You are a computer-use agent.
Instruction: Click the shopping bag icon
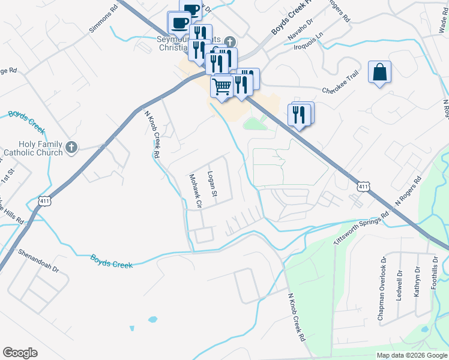(x=379, y=73)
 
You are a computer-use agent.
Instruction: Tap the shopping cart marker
(x=222, y=86)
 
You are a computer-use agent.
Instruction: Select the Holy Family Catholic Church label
(x=32, y=148)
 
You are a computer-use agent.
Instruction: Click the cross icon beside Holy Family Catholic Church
(x=71, y=147)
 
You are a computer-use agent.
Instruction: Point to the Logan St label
(x=211, y=184)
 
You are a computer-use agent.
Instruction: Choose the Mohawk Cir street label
(x=196, y=191)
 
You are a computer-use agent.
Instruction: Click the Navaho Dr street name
(x=300, y=29)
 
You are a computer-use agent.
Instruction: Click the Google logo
(x=20, y=353)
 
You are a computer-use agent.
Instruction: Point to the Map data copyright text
(x=411, y=355)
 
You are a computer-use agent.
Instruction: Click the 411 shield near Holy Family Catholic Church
(x=43, y=201)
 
